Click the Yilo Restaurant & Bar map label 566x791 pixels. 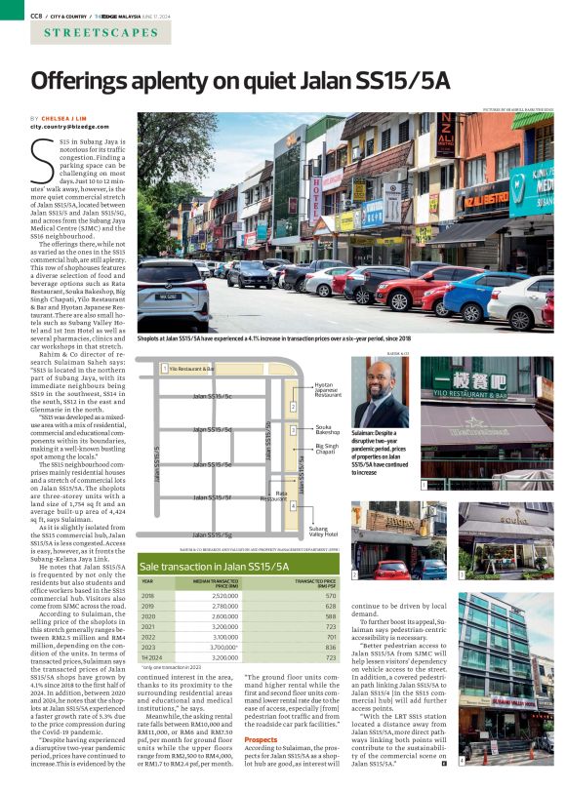(x=191, y=370)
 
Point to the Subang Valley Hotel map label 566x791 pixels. (x=324, y=533)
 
